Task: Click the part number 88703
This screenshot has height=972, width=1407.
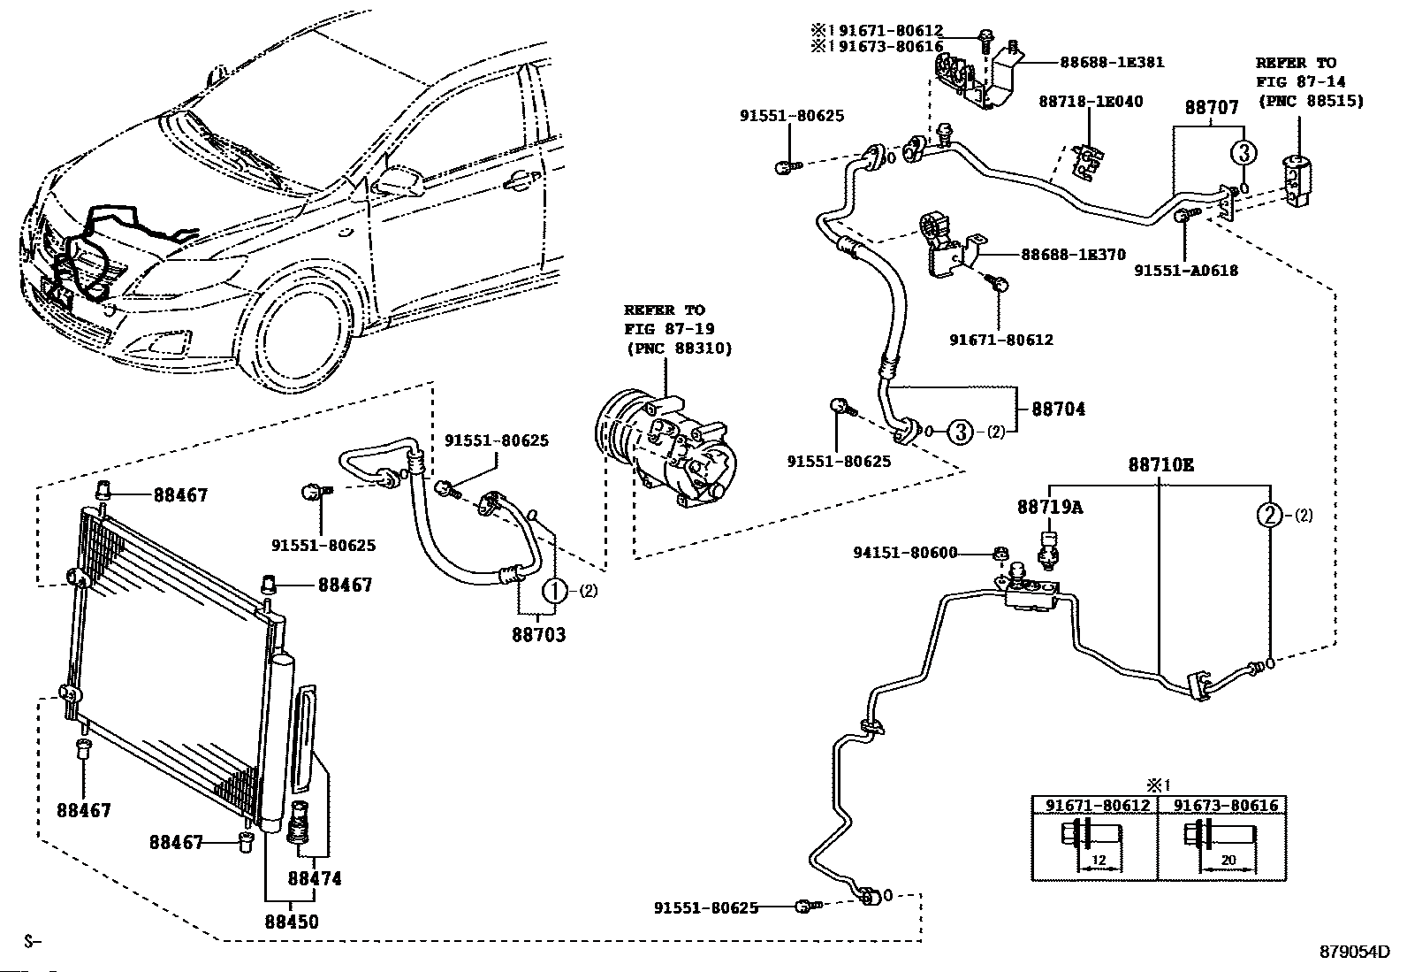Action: [537, 634]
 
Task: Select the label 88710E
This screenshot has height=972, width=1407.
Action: [1160, 464]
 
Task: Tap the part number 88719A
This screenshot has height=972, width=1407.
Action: [1049, 508]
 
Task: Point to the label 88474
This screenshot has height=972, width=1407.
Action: [314, 879]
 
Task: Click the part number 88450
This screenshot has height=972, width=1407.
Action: [291, 922]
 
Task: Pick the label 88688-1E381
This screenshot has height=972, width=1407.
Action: [1112, 63]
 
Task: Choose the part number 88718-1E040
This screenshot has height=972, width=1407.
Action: [1090, 102]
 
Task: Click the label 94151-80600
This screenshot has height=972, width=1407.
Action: [905, 553]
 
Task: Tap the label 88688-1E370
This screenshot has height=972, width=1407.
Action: [1073, 255]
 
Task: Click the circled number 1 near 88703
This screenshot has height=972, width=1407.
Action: [554, 591]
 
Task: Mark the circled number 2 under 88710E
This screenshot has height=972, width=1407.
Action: [1270, 516]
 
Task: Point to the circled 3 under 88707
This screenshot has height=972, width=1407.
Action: [1242, 153]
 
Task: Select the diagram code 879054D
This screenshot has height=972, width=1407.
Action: [1355, 953]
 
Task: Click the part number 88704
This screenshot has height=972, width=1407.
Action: [1058, 409]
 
